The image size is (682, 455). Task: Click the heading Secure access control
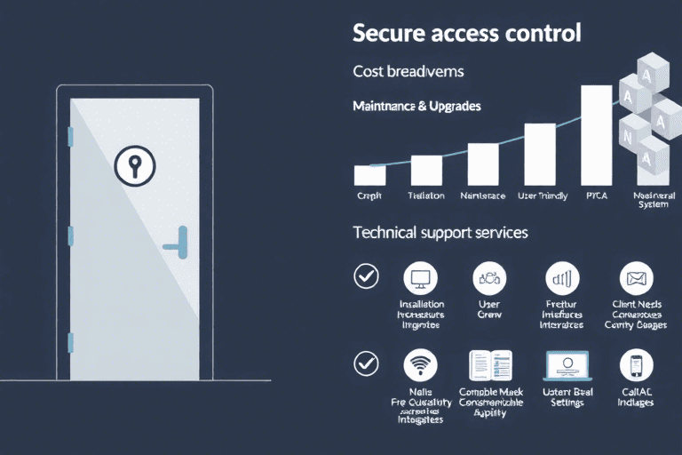point(466,34)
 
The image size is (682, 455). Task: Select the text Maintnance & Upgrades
point(416,106)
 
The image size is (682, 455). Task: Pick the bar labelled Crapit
point(369,175)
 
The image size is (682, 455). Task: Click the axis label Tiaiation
point(426,196)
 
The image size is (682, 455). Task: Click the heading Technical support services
point(440,233)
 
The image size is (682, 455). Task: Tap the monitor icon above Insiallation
point(420,277)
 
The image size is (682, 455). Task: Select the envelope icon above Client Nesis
point(636,277)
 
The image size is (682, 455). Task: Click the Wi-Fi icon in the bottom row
point(420,364)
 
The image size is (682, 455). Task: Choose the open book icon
point(490,365)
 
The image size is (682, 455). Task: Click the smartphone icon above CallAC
point(636,364)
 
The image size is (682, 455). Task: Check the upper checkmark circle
point(365,276)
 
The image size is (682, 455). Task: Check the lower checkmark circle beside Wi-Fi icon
point(365,363)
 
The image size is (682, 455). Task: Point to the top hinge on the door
point(69,135)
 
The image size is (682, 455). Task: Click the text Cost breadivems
point(408,70)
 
